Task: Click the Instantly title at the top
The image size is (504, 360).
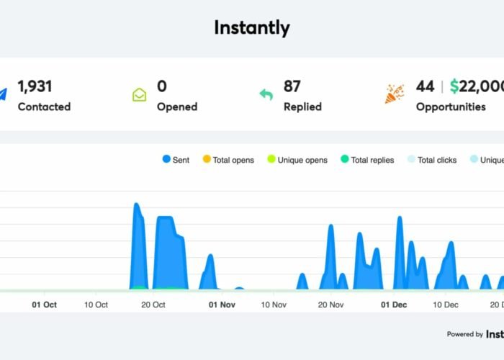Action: click(x=252, y=28)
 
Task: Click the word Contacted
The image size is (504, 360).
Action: click(x=44, y=107)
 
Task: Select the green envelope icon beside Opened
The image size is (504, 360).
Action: click(x=139, y=94)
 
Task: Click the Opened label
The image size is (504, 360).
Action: click(x=177, y=107)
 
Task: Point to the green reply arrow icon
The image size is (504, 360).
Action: click(x=266, y=94)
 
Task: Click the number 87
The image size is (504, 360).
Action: click(x=292, y=86)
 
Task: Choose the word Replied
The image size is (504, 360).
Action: click(x=302, y=107)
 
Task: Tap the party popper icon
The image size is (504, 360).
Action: click(x=394, y=94)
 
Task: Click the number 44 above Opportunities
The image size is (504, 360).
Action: click(x=425, y=86)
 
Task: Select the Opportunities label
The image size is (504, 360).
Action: click(x=451, y=107)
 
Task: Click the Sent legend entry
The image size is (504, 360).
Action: click(x=176, y=160)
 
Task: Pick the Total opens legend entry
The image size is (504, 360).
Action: click(x=228, y=160)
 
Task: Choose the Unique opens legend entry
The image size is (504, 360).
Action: click(x=297, y=160)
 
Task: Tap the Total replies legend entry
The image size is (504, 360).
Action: click(x=367, y=160)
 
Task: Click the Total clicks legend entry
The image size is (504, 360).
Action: click(x=432, y=160)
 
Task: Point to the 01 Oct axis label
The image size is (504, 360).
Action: click(x=45, y=305)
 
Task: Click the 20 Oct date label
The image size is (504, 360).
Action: click(x=153, y=305)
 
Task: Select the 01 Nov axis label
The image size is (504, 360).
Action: click(x=222, y=305)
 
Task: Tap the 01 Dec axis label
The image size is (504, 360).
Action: click(x=394, y=305)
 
